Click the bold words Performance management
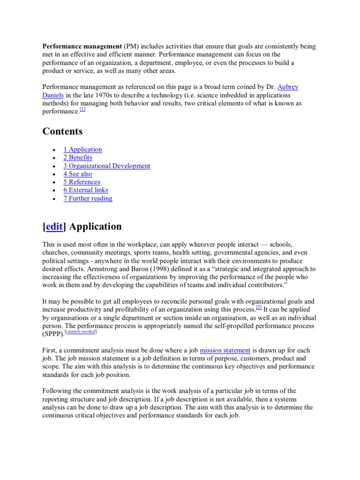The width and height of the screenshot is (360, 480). click(82, 46)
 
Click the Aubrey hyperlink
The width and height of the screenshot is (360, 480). click(288, 87)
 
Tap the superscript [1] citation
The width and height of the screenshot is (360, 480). click(82, 110)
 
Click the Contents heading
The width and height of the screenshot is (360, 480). click(62, 131)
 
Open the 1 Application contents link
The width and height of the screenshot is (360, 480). click(82, 150)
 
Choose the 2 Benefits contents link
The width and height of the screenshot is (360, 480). click(78, 157)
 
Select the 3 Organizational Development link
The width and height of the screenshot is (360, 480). click(107, 165)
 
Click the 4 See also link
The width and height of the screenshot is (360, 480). click(78, 174)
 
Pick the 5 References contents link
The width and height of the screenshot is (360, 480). click(82, 182)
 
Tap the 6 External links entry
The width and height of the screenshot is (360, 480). click(86, 190)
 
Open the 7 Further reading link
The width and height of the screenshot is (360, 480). click(88, 198)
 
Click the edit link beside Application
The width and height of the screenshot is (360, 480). click(55, 226)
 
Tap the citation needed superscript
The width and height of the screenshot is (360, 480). click(80, 331)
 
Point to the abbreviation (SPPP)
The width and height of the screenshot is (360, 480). click(53, 334)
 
